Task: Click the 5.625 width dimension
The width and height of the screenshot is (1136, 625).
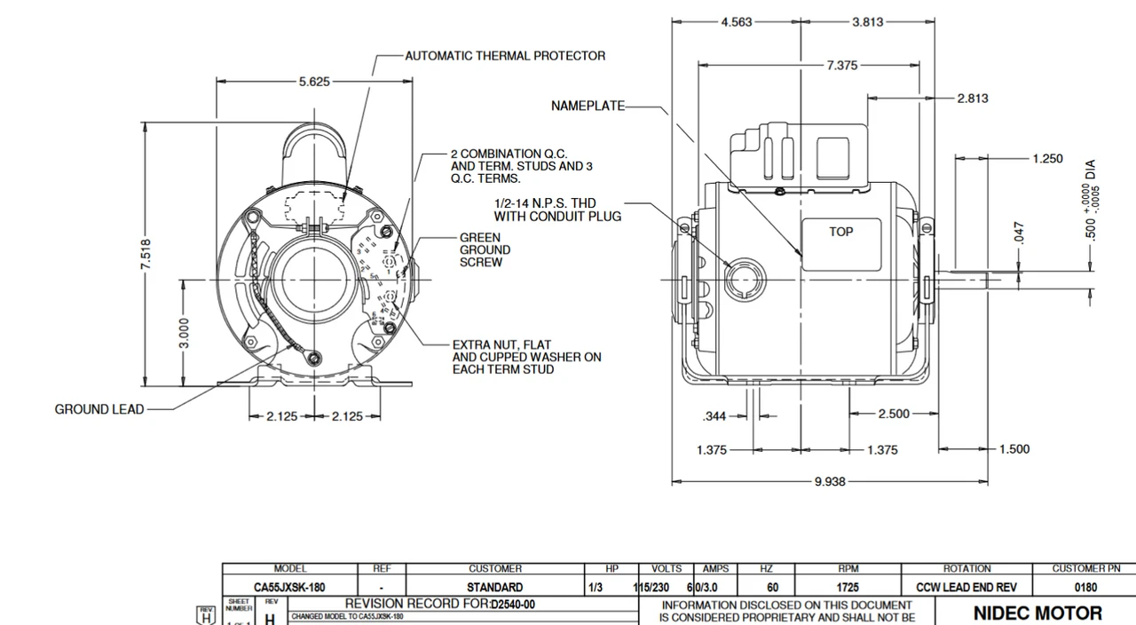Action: click(314, 81)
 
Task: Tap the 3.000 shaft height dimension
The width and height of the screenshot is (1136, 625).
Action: click(184, 333)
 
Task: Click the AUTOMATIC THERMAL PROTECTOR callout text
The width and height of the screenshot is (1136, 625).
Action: click(505, 55)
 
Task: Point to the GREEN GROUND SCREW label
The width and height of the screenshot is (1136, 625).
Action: click(485, 250)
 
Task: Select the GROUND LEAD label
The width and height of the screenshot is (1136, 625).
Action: click(99, 409)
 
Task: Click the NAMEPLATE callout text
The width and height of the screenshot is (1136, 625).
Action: click(588, 106)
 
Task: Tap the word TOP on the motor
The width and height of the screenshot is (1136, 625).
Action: click(840, 232)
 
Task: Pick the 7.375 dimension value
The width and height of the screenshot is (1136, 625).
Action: click(841, 65)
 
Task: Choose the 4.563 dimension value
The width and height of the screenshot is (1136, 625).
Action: click(736, 22)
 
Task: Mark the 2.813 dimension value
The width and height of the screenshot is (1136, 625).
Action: click(972, 98)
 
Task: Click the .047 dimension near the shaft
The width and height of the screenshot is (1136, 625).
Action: click(1019, 233)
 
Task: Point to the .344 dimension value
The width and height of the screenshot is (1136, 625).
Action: click(714, 415)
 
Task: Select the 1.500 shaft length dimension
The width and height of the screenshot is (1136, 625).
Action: click(1014, 449)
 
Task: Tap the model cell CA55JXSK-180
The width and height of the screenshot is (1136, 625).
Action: click(289, 587)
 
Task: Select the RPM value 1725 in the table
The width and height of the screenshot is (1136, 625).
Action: click(848, 587)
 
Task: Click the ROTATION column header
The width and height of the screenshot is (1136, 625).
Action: click(966, 568)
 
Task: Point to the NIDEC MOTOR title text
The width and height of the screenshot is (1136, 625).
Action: click(1037, 613)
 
